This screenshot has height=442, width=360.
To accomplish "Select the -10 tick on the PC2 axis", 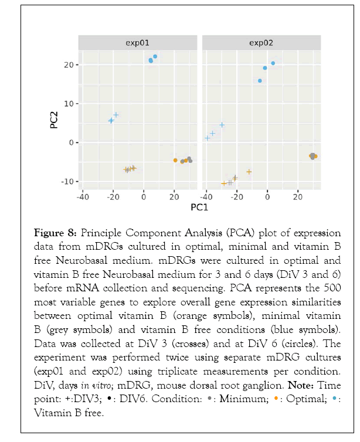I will click(x=67, y=181).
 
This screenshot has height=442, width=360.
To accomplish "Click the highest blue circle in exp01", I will click(x=155, y=56).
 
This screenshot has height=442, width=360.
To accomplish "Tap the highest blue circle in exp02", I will click(x=273, y=63).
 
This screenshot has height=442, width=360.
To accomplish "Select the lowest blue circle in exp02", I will click(x=260, y=81).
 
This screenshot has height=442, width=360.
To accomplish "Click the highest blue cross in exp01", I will click(x=116, y=115).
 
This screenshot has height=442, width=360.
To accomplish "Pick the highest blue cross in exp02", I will click(x=222, y=125).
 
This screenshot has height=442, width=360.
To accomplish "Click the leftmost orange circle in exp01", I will click(x=175, y=160).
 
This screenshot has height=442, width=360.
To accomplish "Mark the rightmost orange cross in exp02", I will click(x=249, y=172).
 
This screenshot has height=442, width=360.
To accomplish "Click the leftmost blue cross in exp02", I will click(x=207, y=138).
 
